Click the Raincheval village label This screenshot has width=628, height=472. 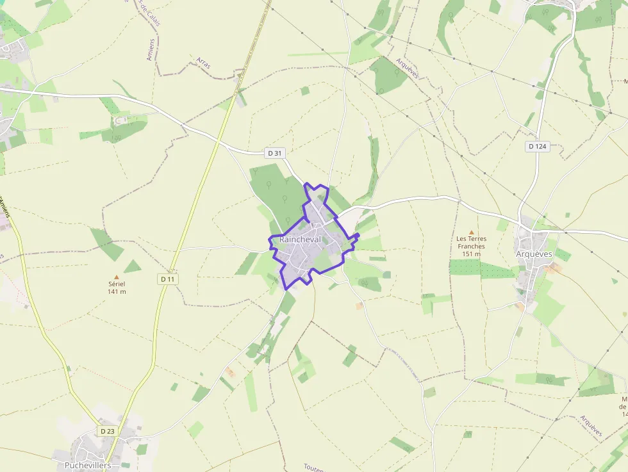[300, 239]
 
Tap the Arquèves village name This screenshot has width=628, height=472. [534, 254]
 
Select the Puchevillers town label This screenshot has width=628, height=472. [88, 465]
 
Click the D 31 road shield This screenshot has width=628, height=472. [274, 152]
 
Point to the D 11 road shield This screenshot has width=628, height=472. [168, 279]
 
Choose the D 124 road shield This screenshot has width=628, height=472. [537, 146]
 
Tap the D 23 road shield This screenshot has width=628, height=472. [107, 431]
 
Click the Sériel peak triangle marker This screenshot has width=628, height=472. [117, 277]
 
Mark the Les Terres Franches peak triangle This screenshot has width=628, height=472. [472, 232]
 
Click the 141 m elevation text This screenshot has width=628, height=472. [117, 291]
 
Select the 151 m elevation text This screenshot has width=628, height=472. [471, 254]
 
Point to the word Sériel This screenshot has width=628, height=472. [117, 284]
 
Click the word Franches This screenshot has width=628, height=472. [471, 246]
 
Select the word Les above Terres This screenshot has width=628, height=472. [461, 239]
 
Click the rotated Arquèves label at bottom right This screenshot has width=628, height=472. [591, 426]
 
